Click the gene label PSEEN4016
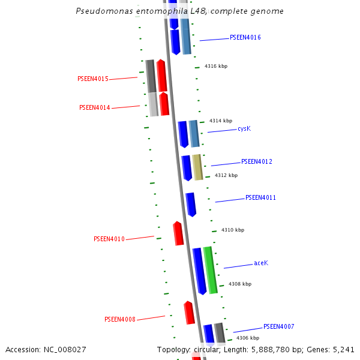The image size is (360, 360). coord(245,37)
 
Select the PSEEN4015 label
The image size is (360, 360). coord(93,79)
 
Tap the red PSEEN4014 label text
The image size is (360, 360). coord(95,108)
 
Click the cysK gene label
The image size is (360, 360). coord(244,129)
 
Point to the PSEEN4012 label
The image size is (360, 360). coord(257,162)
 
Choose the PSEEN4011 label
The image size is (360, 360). coord(260,198)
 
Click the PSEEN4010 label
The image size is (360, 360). coord(109,239)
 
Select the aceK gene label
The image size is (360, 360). coord(260,263)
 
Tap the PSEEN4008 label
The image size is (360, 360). coord(120,320)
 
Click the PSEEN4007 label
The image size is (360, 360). coord(278,327)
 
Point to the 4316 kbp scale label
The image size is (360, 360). coord(216,67)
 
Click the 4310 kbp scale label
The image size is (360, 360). coord(233,230)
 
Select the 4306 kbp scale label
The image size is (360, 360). coord(247,338)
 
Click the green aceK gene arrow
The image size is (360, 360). coord(210,269)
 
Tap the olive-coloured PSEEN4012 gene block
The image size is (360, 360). coord(197,167)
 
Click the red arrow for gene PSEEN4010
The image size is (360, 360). coord(178,233)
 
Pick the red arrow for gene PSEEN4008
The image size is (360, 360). coord(189,313)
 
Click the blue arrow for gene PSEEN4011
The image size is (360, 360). coord(191,204)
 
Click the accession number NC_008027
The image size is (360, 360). coord(63,349)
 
